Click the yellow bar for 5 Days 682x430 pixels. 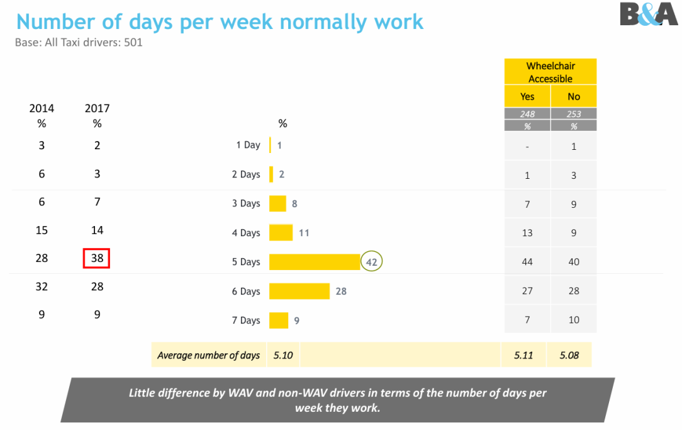315,262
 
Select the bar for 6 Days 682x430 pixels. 299,291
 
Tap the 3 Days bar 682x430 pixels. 277,203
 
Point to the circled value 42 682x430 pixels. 372,262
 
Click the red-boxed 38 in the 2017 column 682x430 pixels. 97,258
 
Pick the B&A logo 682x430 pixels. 649,14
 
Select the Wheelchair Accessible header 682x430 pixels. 551,72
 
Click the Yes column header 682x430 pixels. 527,96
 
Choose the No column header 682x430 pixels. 574,96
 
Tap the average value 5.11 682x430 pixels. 523,355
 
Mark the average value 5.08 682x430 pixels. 570,355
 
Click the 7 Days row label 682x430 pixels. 245,320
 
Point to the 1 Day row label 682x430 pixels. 248,145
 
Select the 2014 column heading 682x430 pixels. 42,108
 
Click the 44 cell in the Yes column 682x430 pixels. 527,261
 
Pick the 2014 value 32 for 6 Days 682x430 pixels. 42,286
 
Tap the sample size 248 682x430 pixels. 527,114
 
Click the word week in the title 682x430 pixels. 243,22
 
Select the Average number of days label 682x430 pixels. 208,356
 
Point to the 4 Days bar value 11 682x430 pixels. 304,233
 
